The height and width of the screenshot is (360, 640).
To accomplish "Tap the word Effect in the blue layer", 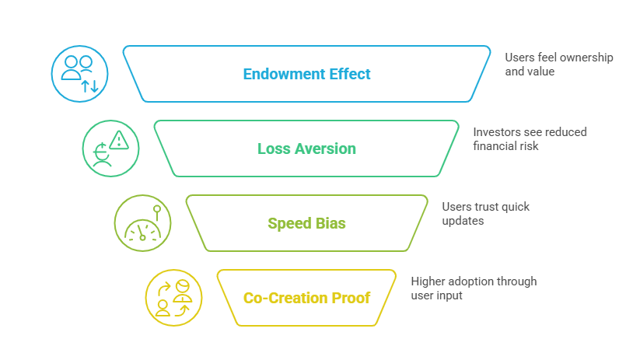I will pos(348,75).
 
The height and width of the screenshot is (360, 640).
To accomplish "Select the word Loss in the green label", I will pos(272,149).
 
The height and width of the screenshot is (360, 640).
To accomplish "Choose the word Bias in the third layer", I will pos(330,224).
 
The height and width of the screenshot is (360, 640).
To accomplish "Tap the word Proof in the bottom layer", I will pos(351,298).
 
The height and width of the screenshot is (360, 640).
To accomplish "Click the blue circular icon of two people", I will pos(79,74).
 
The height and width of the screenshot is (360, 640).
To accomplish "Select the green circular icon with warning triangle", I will pos(111,149).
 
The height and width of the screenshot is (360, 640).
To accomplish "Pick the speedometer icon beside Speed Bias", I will pos(142,223).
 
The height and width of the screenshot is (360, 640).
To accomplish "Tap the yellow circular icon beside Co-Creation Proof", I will pos(173,298).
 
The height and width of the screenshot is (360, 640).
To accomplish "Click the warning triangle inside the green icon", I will pos(118,141).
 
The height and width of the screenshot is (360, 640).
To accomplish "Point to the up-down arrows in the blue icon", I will pos(90,85).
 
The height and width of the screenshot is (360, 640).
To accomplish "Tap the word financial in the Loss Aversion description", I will pos(495,145).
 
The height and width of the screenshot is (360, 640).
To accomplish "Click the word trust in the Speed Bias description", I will pos(488,207).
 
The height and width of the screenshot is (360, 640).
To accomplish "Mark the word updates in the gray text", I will pos(463,220).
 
